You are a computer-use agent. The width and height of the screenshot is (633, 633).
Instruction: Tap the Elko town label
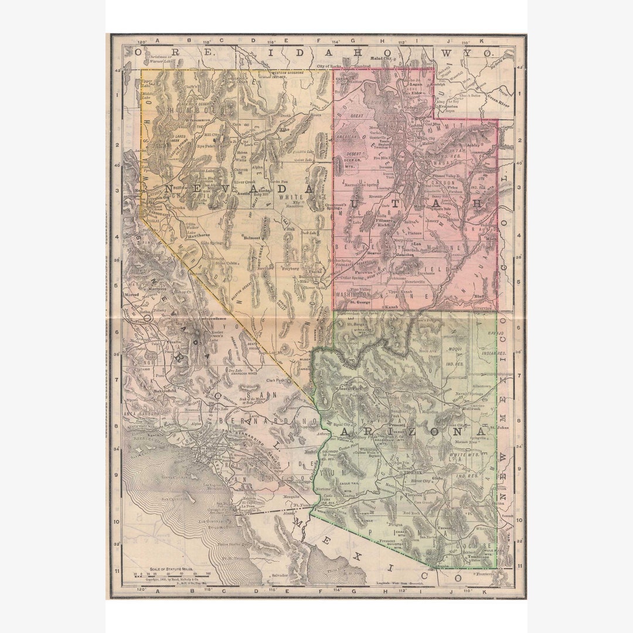tap(287, 129)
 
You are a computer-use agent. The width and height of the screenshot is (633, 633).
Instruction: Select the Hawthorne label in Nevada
tap(200, 234)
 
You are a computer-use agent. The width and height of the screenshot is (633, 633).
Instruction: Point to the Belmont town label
tap(253, 237)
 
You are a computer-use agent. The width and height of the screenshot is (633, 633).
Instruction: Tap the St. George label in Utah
tap(361, 302)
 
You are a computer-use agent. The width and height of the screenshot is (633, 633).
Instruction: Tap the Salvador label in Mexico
tap(280, 576)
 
